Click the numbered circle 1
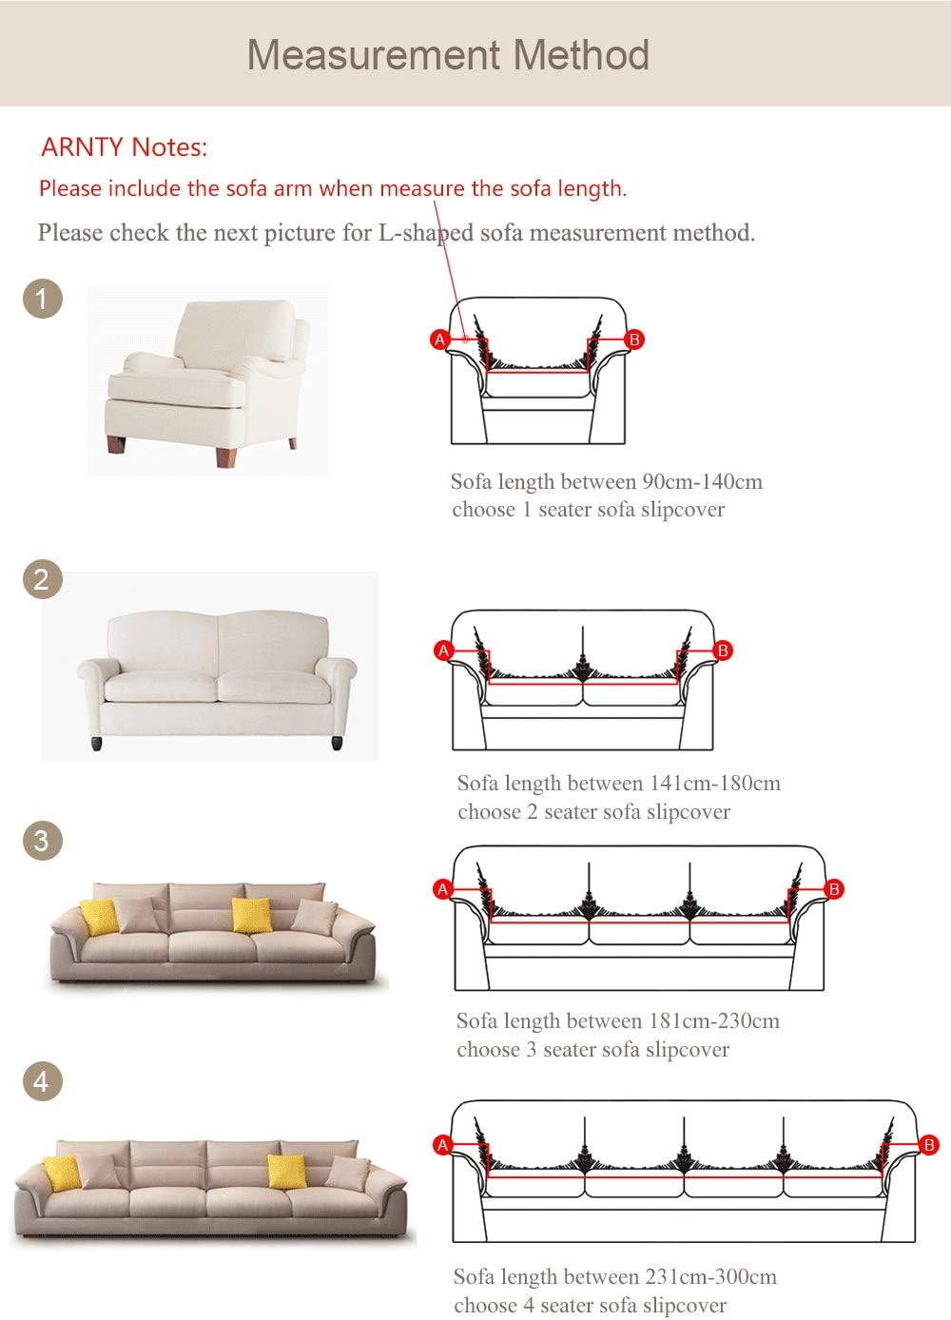click(43, 299)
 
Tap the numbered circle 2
click(43, 579)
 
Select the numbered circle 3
click(43, 841)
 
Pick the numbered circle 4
click(43, 1081)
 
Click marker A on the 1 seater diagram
click(439, 340)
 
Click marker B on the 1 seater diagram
click(634, 340)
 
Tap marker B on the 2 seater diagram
click(723, 650)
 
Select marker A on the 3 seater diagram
click(442, 888)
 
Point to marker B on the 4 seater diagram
click(929, 1144)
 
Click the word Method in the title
click(581, 55)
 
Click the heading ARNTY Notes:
click(125, 147)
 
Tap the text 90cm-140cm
click(703, 481)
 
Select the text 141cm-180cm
click(715, 784)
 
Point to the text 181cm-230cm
click(714, 1020)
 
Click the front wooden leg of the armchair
click(226, 456)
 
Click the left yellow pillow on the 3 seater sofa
click(99, 917)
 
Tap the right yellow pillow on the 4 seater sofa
click(287, 1171)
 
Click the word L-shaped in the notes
click(425, 233)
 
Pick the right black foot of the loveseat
click(337, 743)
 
